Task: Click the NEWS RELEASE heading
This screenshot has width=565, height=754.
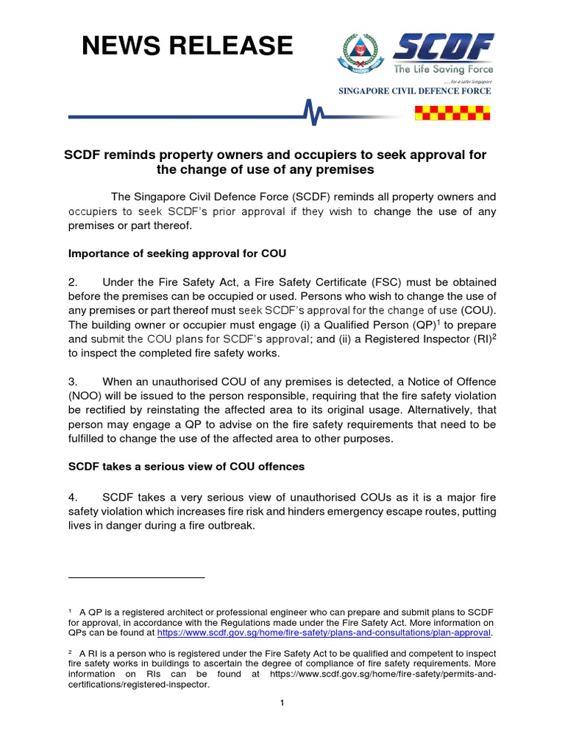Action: pos(187,46)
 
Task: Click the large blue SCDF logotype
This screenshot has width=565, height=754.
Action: pos(444,49)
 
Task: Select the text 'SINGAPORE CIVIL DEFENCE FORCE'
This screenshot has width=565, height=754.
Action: pos(413,91)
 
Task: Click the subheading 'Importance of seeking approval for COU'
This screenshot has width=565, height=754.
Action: pos(177,253)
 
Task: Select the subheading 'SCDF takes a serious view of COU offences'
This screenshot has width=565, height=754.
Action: pos(186,467)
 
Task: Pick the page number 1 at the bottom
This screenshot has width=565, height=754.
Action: pos(281,703)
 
